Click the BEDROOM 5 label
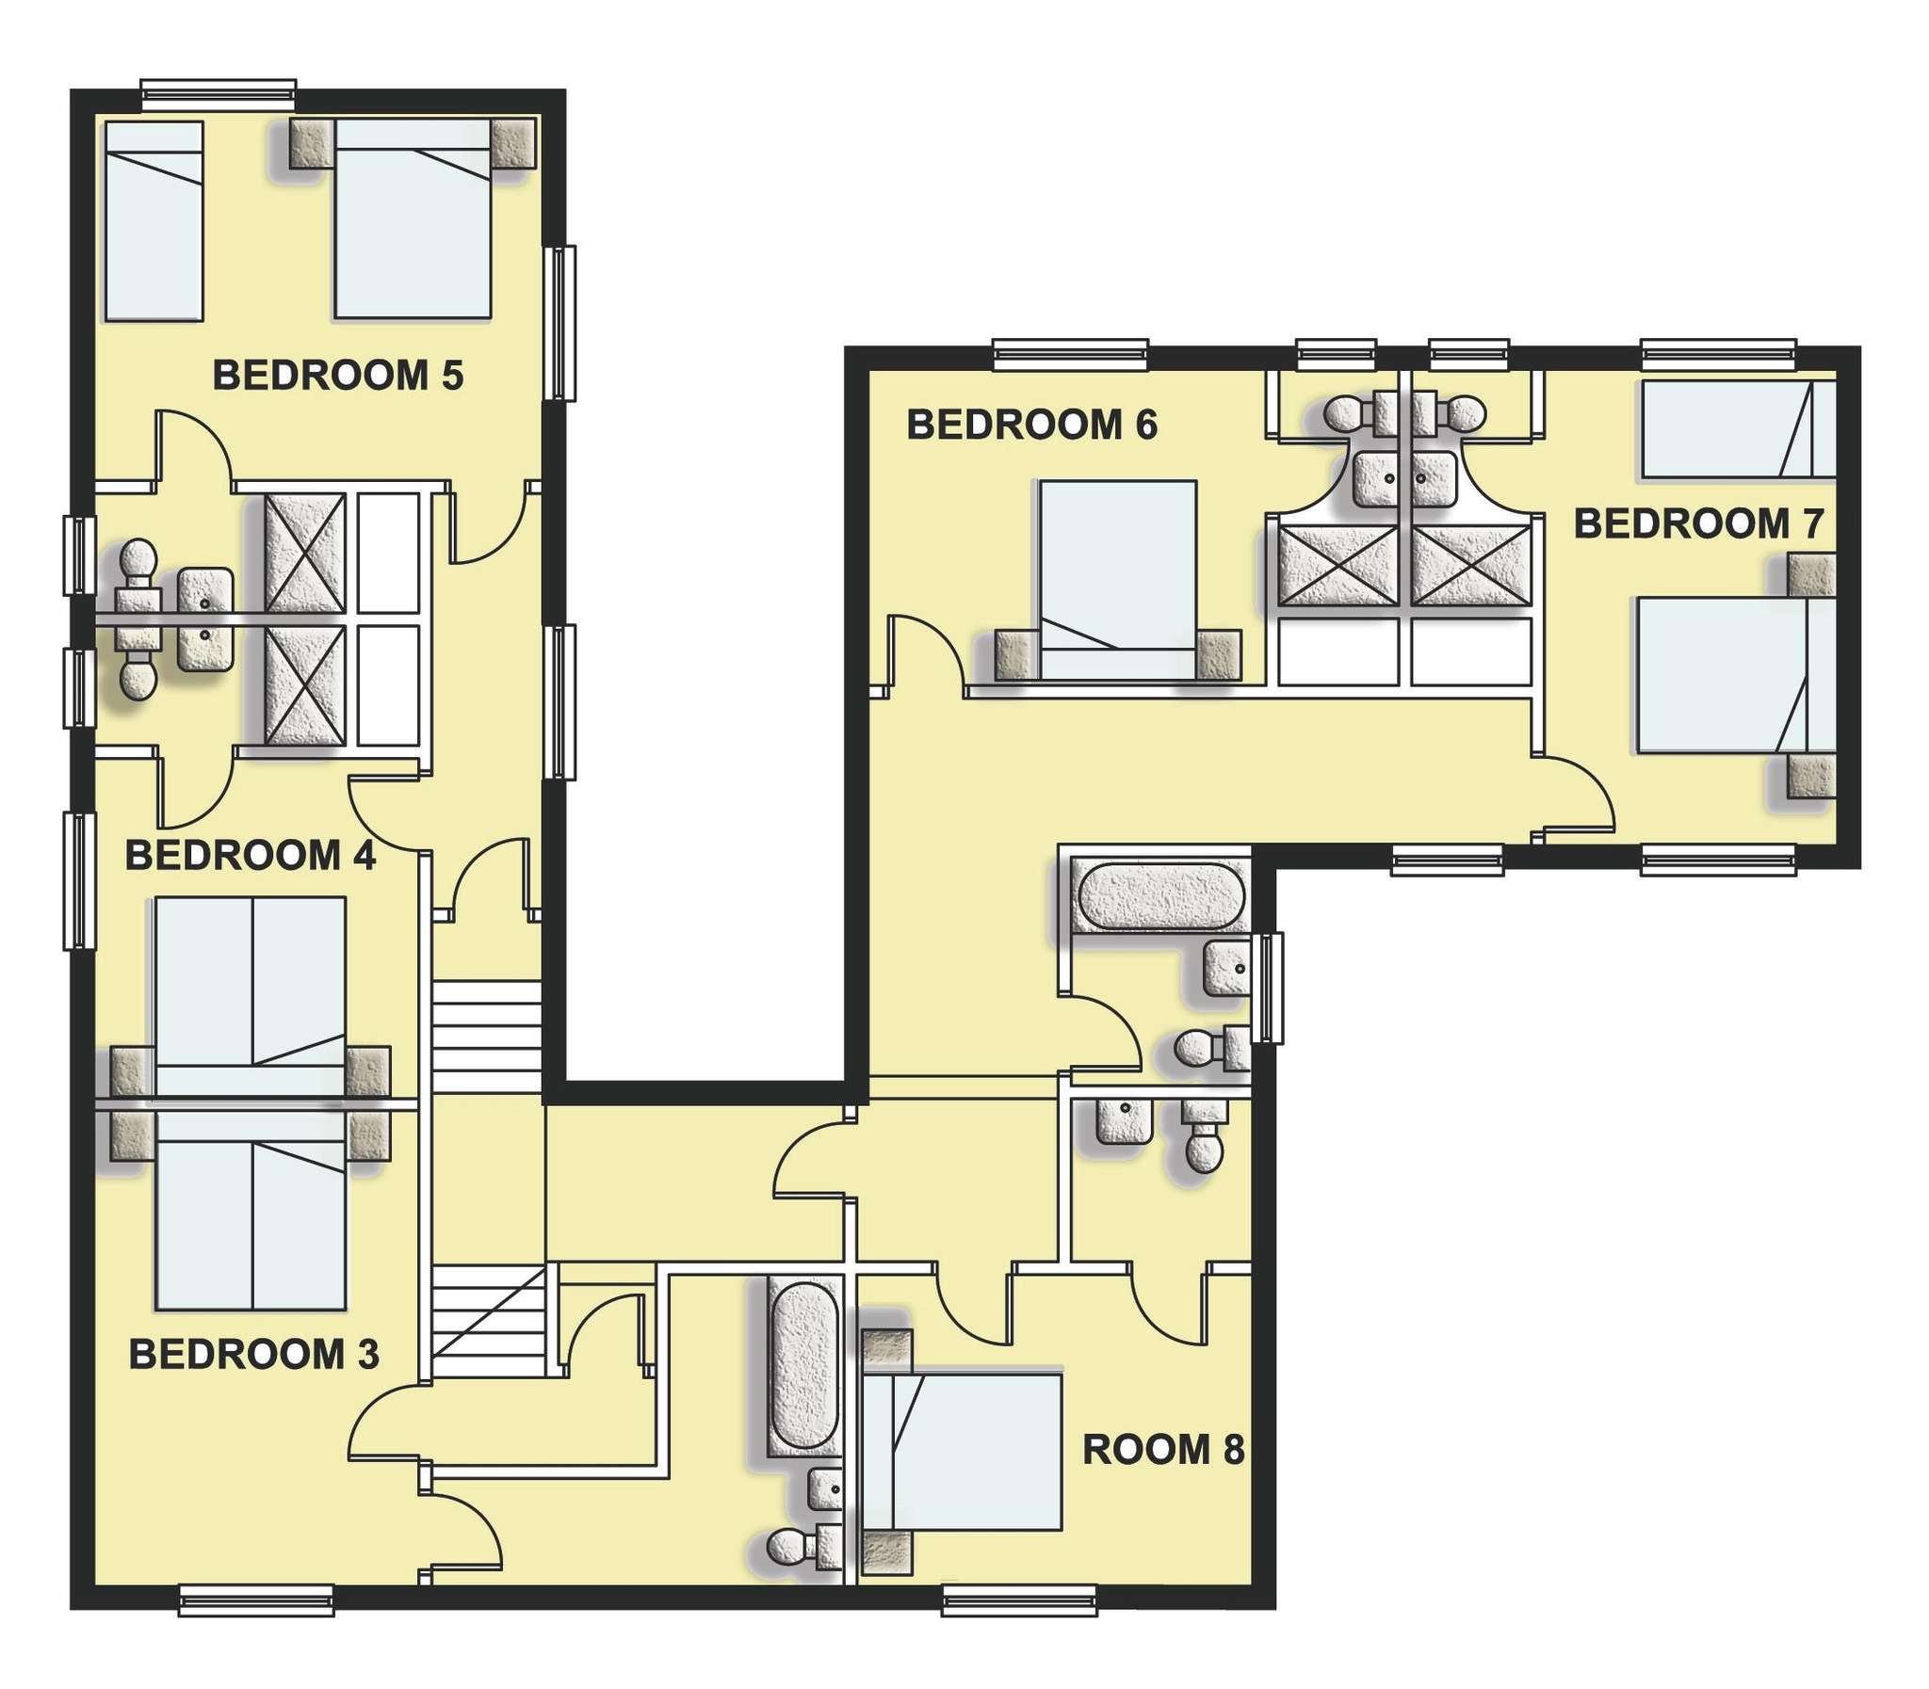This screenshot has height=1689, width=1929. (337, 375)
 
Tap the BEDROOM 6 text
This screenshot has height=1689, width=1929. (1031, 426)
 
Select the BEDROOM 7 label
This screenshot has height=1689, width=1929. (1699, 524)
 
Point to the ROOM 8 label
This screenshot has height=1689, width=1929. (1163, 1450)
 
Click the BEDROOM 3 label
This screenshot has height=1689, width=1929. (253, 1355)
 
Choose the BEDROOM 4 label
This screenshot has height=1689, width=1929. (251, 856)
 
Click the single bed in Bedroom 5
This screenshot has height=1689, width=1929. (154, 220)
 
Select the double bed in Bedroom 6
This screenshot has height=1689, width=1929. (1118, 580)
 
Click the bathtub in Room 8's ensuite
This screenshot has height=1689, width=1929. (802, 1368)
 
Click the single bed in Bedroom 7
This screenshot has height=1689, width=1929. (1739, 428)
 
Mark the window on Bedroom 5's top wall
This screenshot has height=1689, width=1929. (219, 93)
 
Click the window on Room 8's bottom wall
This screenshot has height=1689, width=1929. (1020, 1601)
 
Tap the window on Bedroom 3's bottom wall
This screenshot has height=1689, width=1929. (256, 1601)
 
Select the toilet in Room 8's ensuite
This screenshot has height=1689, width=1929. (804, 1545)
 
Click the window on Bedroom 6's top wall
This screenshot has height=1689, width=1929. (1072, 353)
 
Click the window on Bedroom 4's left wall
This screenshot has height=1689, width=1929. (80, 880)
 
